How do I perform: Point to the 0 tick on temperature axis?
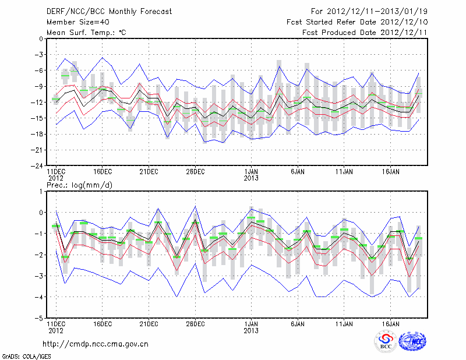tap(41, 39)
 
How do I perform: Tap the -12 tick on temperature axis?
tap(38, 103)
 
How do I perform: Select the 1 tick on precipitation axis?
tap(41, 191)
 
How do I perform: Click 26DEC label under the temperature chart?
tap(196, 172)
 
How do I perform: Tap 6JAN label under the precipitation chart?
tap(298, 324)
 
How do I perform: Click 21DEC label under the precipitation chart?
tap(149, 324)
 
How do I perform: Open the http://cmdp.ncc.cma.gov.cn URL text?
tap(96, 344)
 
